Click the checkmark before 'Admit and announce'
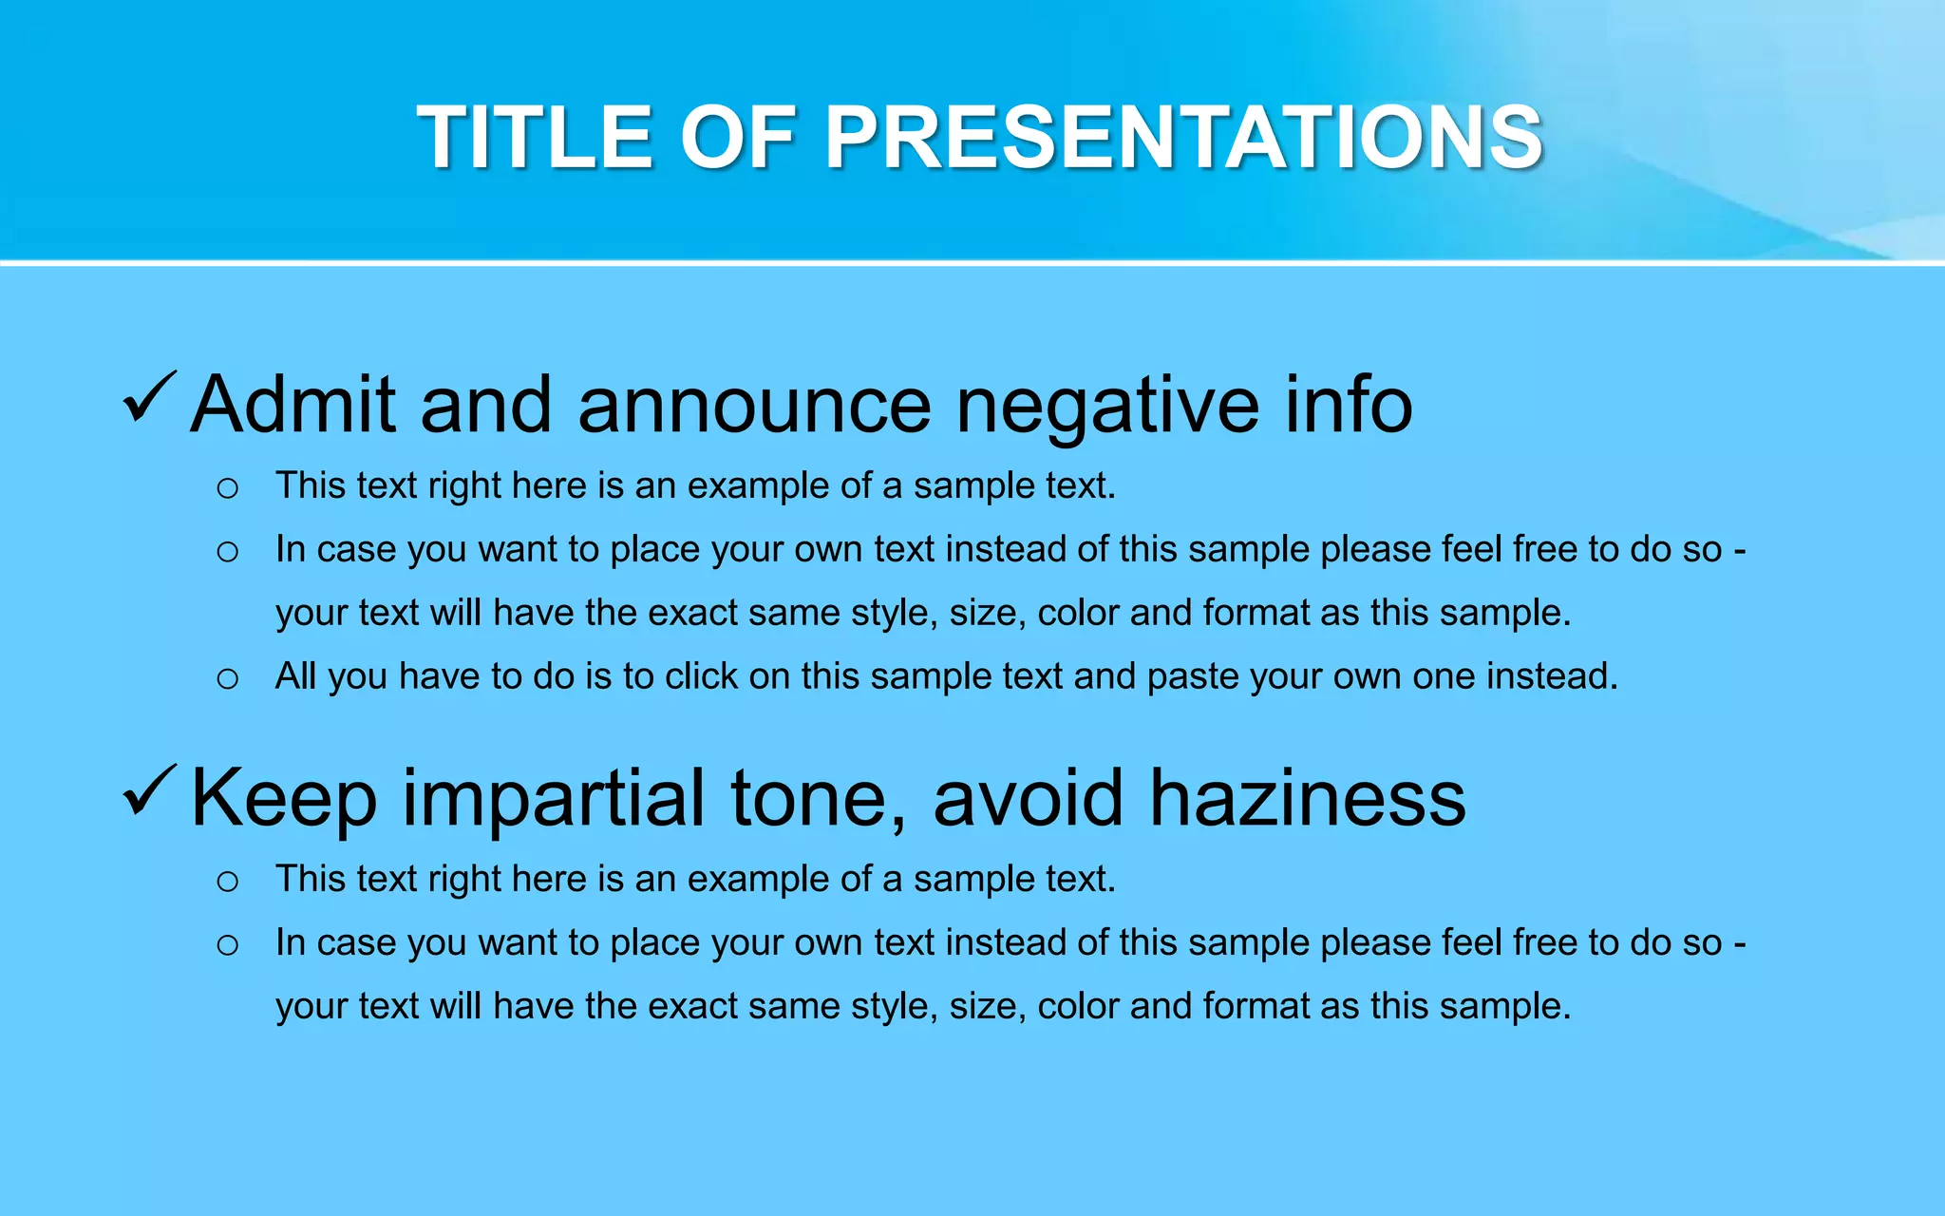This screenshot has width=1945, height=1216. pyautogui.click(x=149, y=398)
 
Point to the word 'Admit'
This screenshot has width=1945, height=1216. pyautogui.click(x=293, y=405)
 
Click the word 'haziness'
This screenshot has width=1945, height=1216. pyautogui.click(x=1308, y=798)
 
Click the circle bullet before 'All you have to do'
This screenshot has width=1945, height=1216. pyautogui.click(x=227, y=678)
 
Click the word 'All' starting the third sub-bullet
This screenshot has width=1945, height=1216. pyautogui.click(x=295, y=676)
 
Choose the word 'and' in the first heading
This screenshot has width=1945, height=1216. pyautogui.click(x=485, y=405)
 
